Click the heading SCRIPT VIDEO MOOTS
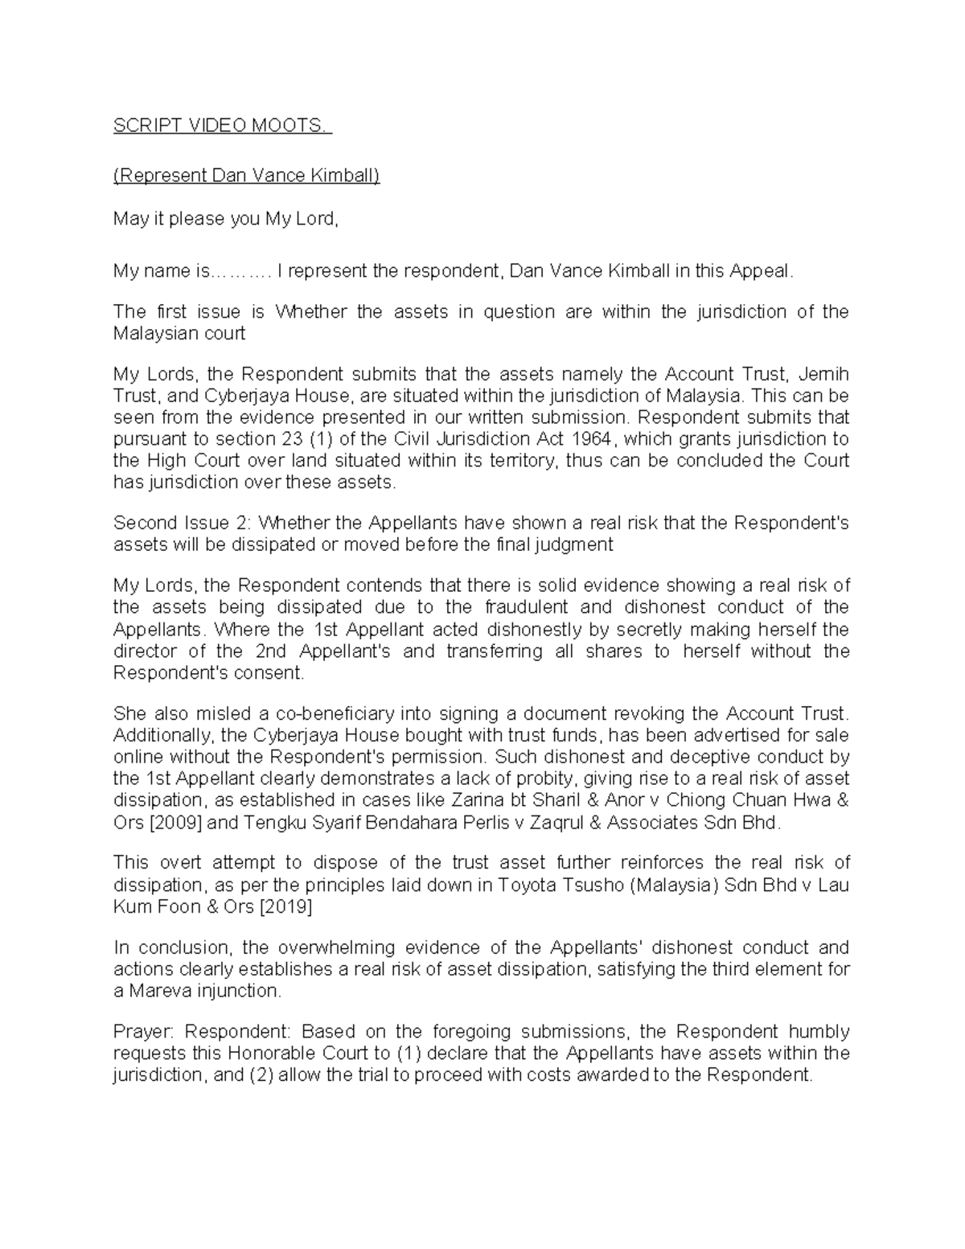(x=221, y=126)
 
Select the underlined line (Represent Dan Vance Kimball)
(x=246, y=175)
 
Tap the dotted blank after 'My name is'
(x=241, y=272)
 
